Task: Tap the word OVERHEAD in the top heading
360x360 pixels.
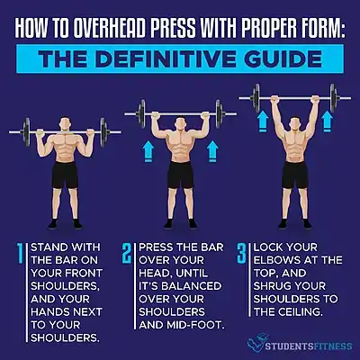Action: (111, 29)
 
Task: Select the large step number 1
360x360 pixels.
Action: (21, 254)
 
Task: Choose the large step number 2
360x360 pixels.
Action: (127, 254)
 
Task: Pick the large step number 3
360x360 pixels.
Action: (241, 254)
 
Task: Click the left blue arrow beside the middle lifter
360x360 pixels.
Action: (148, 152)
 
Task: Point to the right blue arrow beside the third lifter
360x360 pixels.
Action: (327, 121)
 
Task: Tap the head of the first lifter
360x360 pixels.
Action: (65, 124)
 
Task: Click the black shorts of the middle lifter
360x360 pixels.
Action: (180, 175)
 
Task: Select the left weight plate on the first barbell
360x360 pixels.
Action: (27, 132)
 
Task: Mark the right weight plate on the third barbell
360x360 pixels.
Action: (333, 98)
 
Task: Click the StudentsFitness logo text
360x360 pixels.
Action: (309, 346)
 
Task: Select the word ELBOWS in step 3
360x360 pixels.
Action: (274, 260)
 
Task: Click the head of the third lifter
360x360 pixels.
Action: (295, 123)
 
